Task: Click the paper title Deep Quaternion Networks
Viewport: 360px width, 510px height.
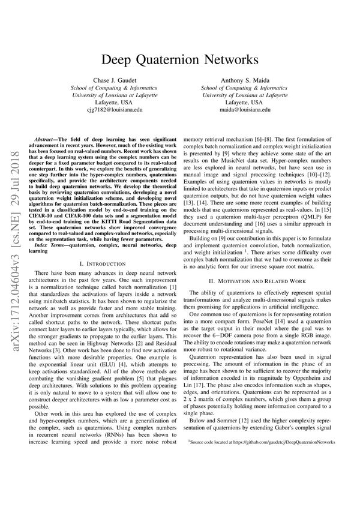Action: pos(180,60)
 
